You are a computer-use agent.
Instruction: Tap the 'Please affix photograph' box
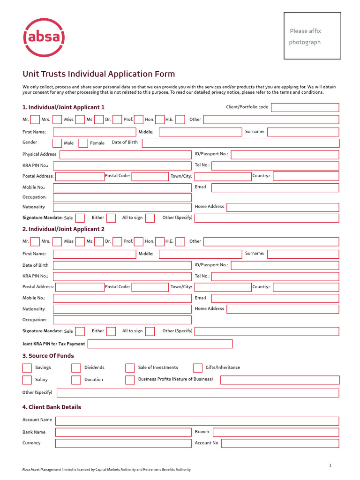tap(312, 36)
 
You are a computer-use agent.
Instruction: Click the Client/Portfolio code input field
tap(305, 107)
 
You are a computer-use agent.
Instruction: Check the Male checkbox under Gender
tap(57, 143)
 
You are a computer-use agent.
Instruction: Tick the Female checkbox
tap(83, 143)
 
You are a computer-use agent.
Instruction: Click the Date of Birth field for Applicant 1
tap(240, 143)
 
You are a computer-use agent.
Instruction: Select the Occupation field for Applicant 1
tap(122, 197)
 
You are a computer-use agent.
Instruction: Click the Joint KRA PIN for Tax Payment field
tap(160, 344)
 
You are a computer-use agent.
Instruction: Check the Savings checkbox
tap(27, 367)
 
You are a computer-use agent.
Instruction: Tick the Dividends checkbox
tap(76, 367)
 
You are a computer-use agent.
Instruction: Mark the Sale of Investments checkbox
tap(130, 367)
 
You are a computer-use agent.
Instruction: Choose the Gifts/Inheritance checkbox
tap(198, 367)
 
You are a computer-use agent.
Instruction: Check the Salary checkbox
tap(27, 380)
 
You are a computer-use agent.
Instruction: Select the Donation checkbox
tap(76, 380)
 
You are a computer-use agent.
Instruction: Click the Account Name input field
tap(197, 420)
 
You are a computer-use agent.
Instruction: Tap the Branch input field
tap(276, 432)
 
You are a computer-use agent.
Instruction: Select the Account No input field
tap(280, 443)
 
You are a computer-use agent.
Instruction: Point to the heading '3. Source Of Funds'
tap(48, 356)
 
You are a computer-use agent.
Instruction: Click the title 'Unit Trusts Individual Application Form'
tap(99, 74)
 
